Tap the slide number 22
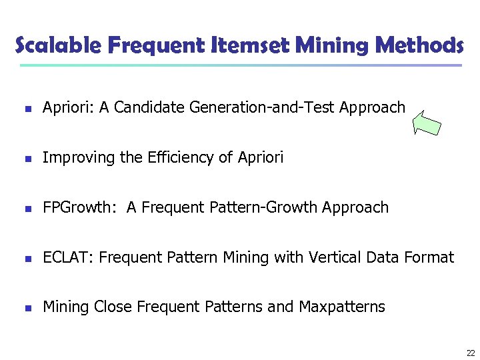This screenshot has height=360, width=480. pos(471,353)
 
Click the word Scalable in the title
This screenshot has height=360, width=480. pos(56,45)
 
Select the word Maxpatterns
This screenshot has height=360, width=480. pos(342,307)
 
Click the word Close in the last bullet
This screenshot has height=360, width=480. pos(113,307)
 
